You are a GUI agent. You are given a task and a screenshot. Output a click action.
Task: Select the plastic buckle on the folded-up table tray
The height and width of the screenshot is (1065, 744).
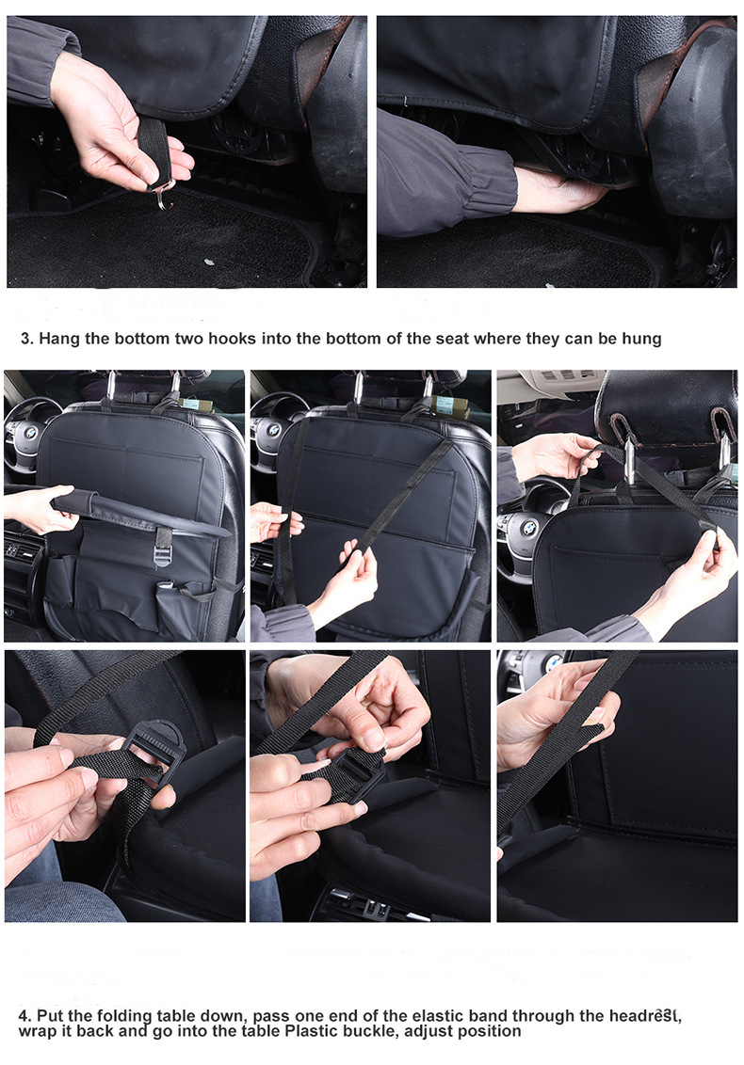click(x=163, y=547)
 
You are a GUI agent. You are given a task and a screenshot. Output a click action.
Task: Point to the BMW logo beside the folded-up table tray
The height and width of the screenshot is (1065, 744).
click(x=30, y=433)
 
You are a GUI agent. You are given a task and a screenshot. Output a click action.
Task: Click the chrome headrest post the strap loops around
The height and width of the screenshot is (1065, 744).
click(x=629, y=460)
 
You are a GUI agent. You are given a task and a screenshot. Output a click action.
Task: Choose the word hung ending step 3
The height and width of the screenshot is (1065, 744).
click(x=641, y=339)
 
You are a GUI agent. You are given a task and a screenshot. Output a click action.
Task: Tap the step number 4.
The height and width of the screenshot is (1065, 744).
click(x=24, y=1016)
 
